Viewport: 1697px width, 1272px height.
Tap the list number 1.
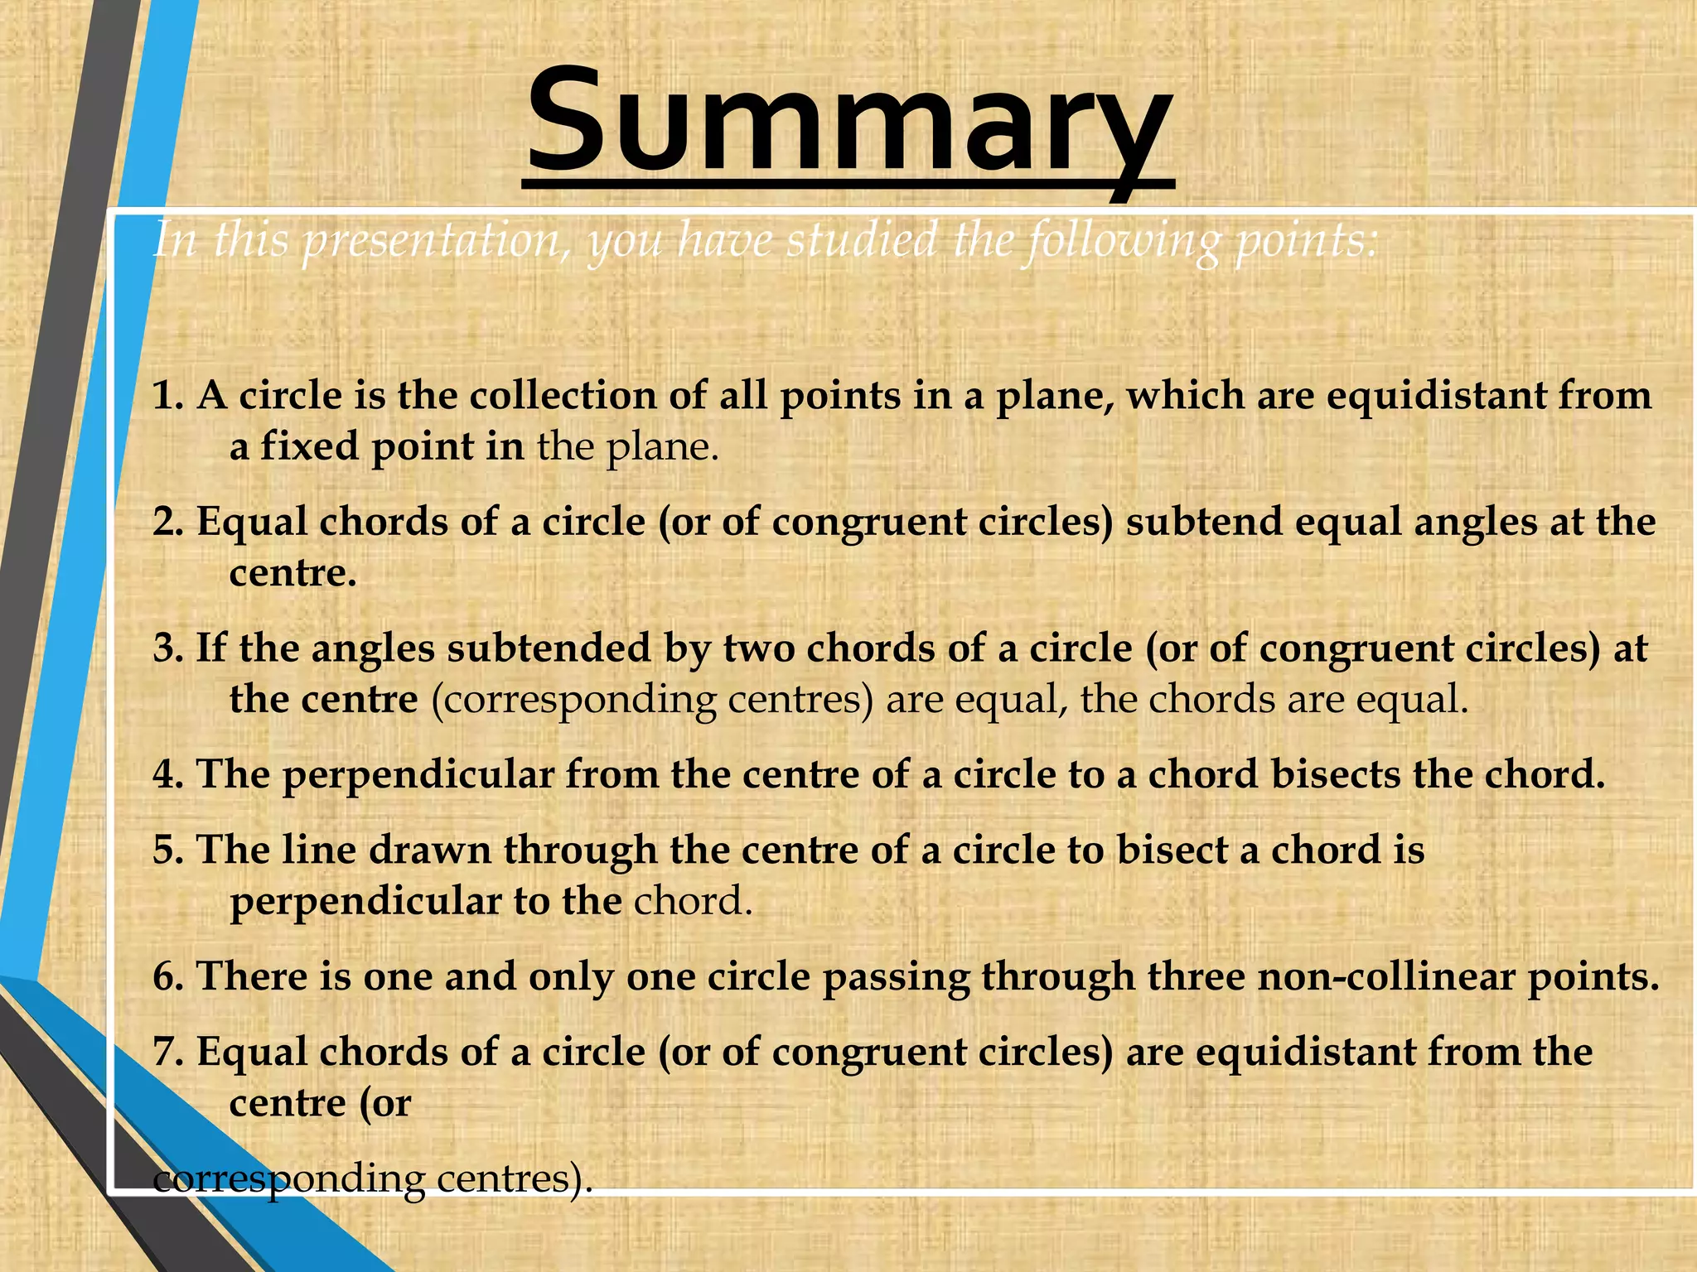click(167, 396)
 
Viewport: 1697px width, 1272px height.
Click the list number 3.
click(167, 648)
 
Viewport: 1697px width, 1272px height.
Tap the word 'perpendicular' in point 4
click(418, 776)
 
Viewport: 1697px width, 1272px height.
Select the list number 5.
click(167, 851)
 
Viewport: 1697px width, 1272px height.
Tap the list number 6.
click(167, 977)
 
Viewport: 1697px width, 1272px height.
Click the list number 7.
click(167, 1053)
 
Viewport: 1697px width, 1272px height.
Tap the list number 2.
click(167, 523)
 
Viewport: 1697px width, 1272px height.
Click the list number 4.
click(167, 776)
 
